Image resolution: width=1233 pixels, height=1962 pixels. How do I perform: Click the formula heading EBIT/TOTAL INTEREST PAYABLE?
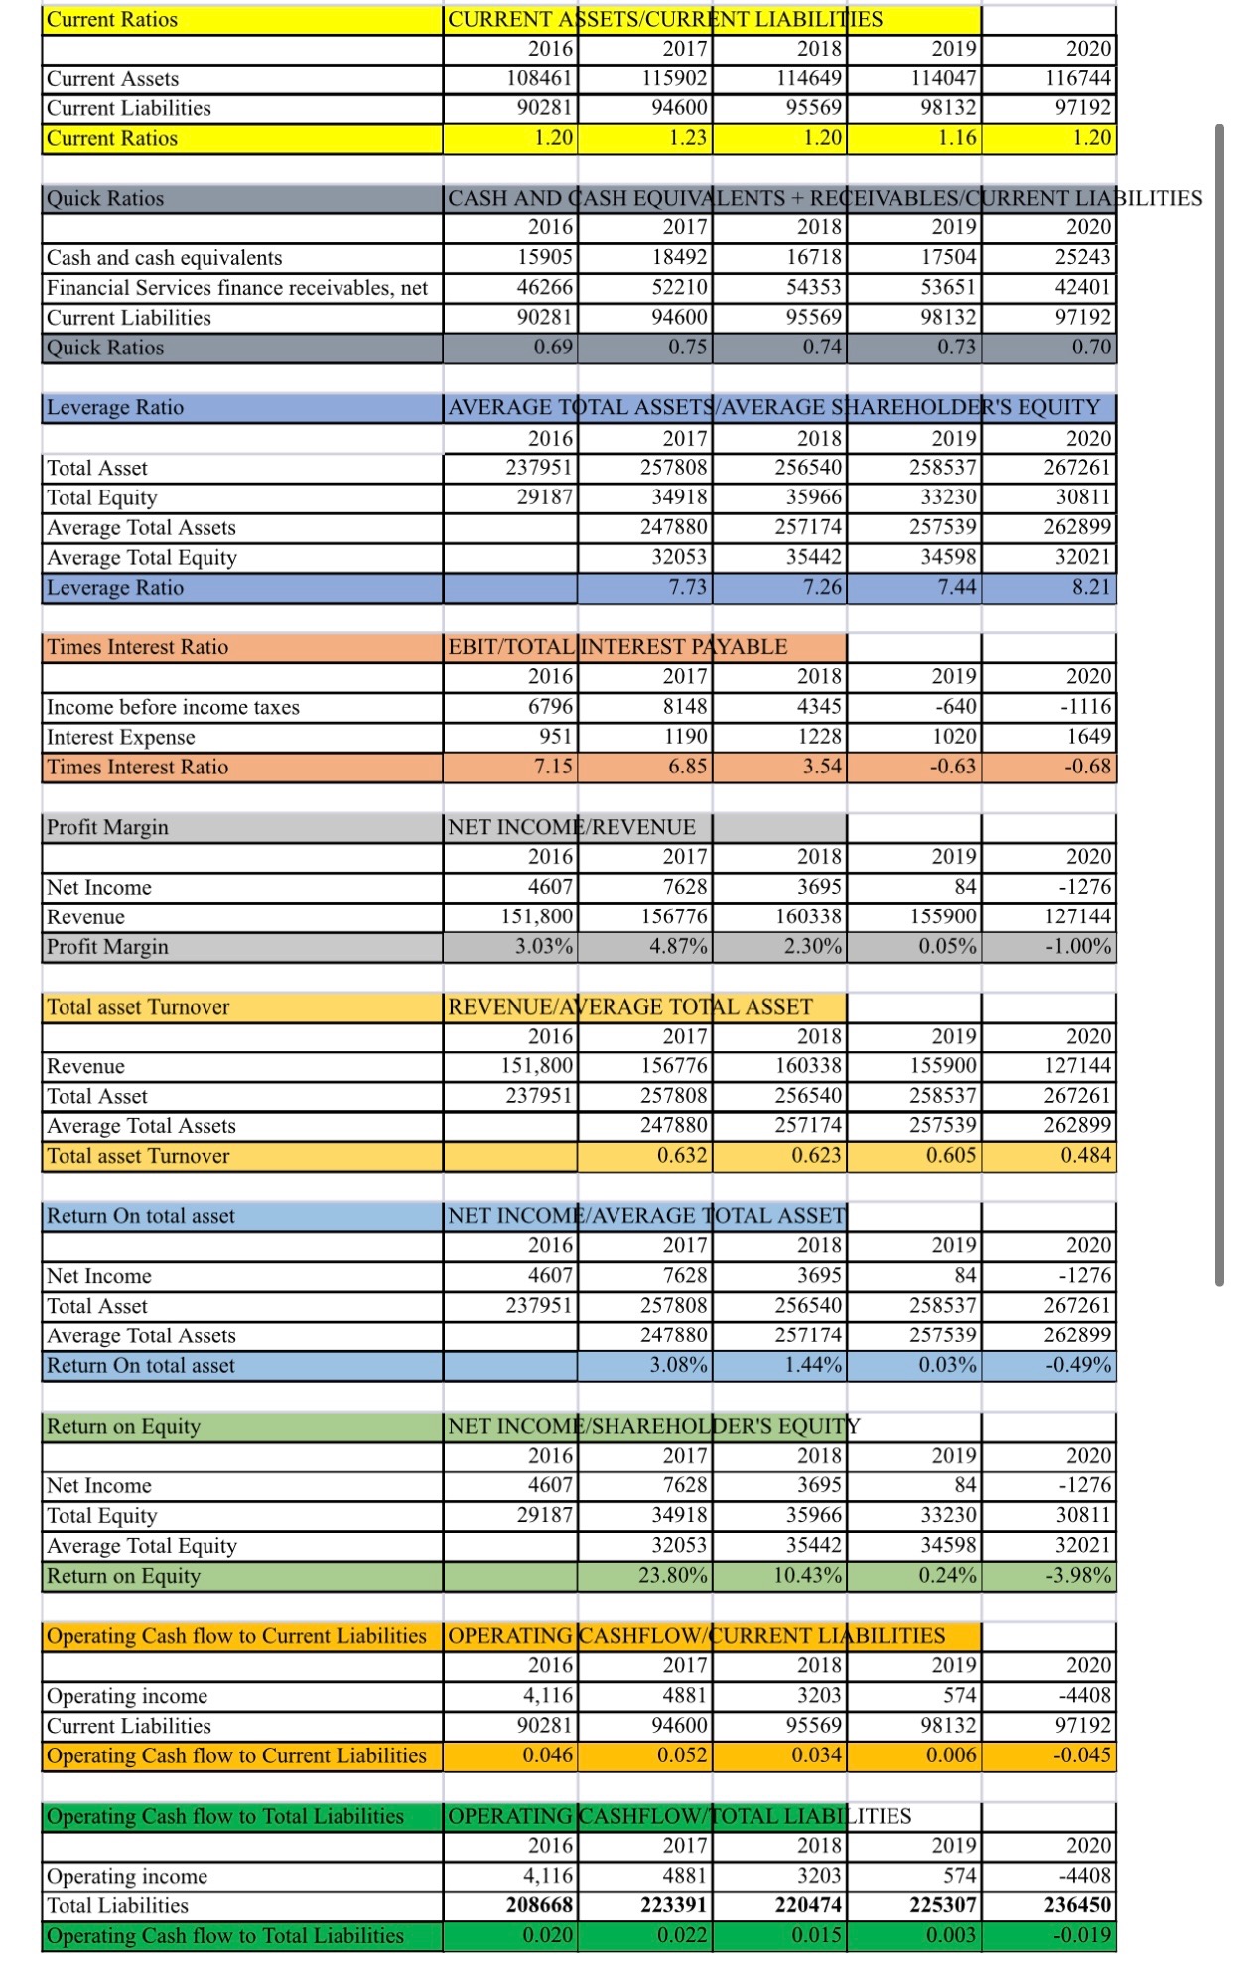coord(617,647)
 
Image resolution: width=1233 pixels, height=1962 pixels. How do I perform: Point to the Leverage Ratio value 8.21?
coord(1091,588)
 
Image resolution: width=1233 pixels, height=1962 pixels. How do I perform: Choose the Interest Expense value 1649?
coord(1090,737)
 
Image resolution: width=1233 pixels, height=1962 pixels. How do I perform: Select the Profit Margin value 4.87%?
coord(679,947)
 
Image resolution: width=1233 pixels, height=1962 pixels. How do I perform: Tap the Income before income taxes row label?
coord(173,707)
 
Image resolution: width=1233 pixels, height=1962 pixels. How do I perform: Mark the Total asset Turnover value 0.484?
coord(1085,1156)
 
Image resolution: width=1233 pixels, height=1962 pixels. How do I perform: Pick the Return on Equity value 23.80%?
coord(673,1576)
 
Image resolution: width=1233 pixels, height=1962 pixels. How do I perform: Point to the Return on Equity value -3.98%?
coord(1079,1576)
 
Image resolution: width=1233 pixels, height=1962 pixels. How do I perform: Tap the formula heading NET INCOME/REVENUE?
coord(572,827)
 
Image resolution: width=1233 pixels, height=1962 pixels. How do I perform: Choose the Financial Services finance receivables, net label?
coord(237,288)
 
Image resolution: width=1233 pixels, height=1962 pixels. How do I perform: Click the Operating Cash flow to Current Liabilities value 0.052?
coord(682,1755)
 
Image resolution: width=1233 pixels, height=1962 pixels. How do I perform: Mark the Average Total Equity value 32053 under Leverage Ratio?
coord(679,558)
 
